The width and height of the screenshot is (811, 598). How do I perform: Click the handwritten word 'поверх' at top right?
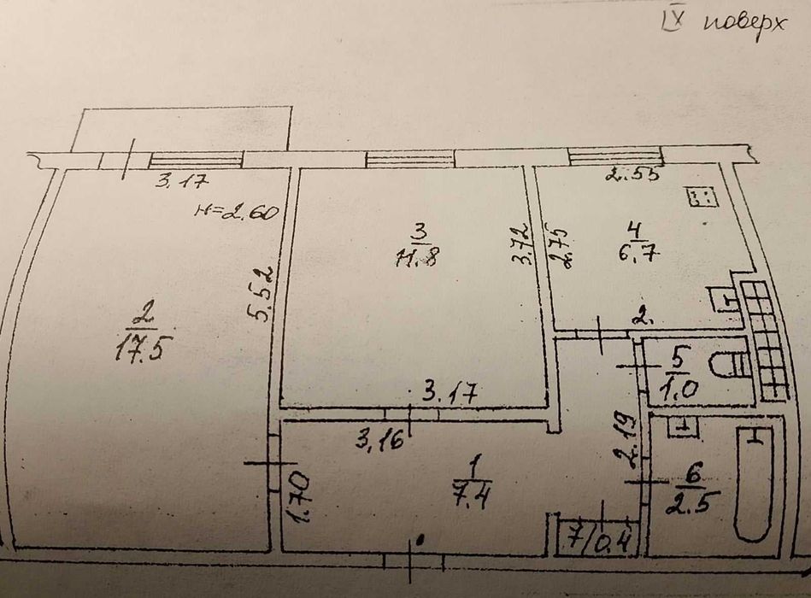point(743,25)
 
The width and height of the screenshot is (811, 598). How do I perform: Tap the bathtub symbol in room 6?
point(755,483)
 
